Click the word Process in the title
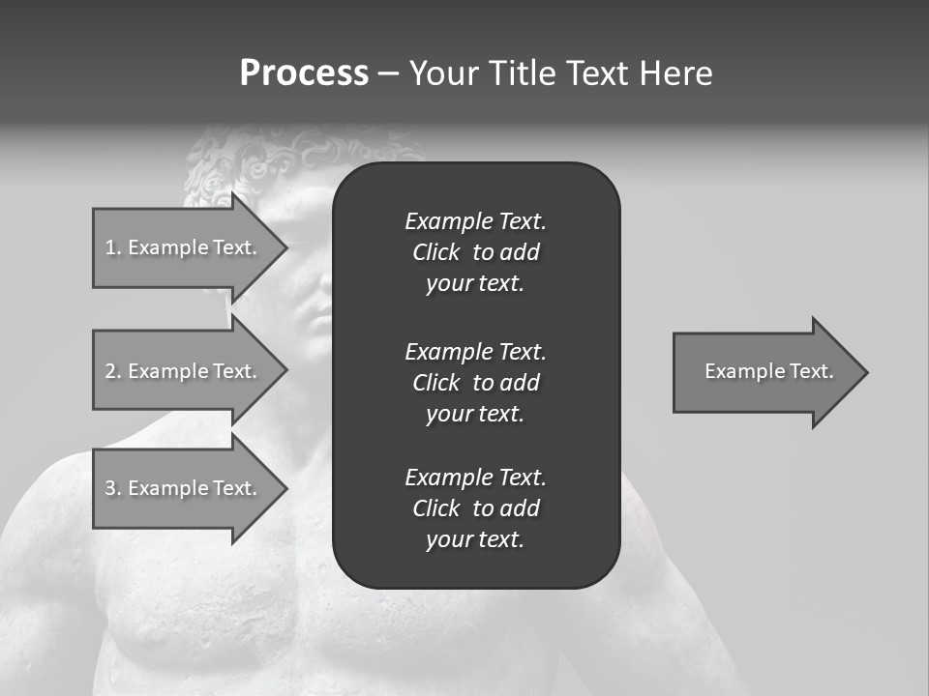pyautogui.click(x=304, y=73)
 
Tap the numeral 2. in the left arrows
pyautogui.click(x=112, y=371)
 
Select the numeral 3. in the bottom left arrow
pyautogui.click(x=112, y=488)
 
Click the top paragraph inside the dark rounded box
pyautogui.click(x=475, y=252)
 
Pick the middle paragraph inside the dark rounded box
pyautogui.click(x=475, y=382)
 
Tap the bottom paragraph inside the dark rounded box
pyautogui.click(x=475, y=508)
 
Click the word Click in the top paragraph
pyautogui.click(x=435, y=252)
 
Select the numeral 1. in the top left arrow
pyautogui.click(x=112, y=247)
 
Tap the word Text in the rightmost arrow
pyautogui.click(x=811, y=371)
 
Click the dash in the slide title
pyautogui.click(x=388, y=73)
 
